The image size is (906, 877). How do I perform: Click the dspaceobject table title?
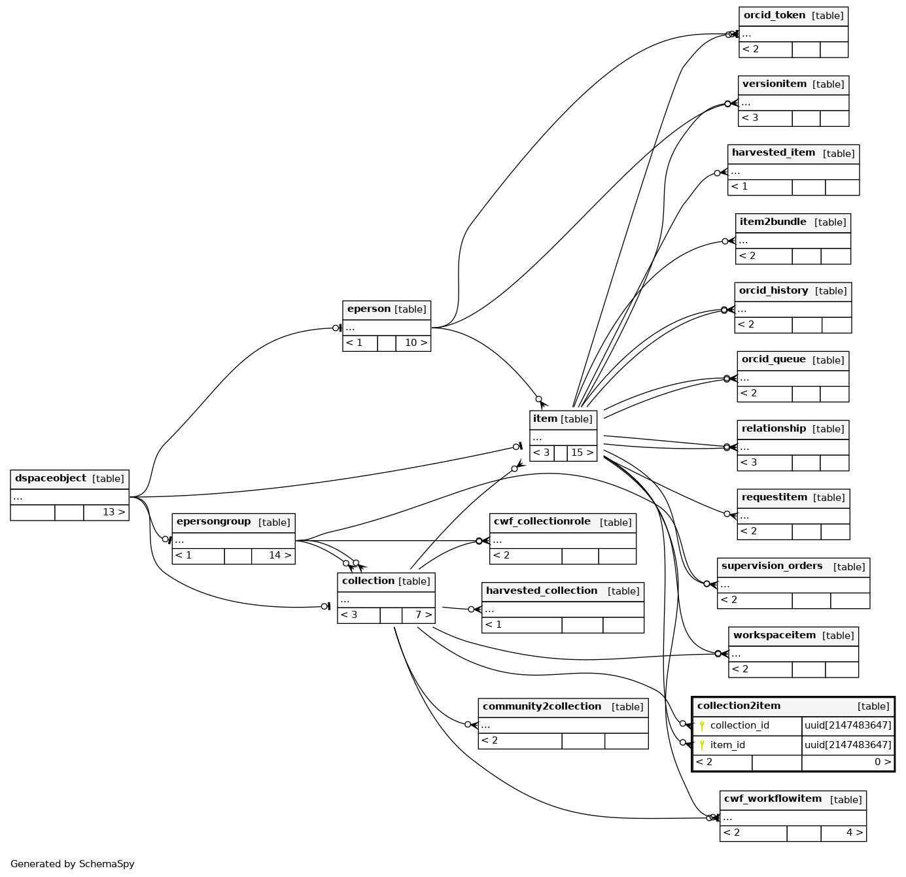click(51, 479)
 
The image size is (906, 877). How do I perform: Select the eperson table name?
click(369, 309)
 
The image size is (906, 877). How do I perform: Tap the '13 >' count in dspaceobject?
click(113, 512)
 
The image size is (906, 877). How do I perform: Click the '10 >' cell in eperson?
click(415, 343)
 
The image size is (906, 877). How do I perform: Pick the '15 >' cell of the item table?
click(582, 453)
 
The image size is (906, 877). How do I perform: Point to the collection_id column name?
click(739, 725)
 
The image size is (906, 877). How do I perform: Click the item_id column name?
click(727, 745)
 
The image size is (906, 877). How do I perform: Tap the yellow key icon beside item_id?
click(702, 745)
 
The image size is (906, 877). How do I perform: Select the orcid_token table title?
click(775, 16)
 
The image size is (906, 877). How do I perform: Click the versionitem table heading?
click(775, 84)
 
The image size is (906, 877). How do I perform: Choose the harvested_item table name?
click(773, 153)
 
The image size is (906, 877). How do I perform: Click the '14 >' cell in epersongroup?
click(279, 555)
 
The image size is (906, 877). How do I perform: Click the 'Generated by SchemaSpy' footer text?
click(73, 864)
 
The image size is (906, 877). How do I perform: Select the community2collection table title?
click(542, 707)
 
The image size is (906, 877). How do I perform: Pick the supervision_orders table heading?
click(772, 566)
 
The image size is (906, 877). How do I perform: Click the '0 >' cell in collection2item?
click(882, 762)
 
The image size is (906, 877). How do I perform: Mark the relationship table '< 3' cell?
click(750, 462)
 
